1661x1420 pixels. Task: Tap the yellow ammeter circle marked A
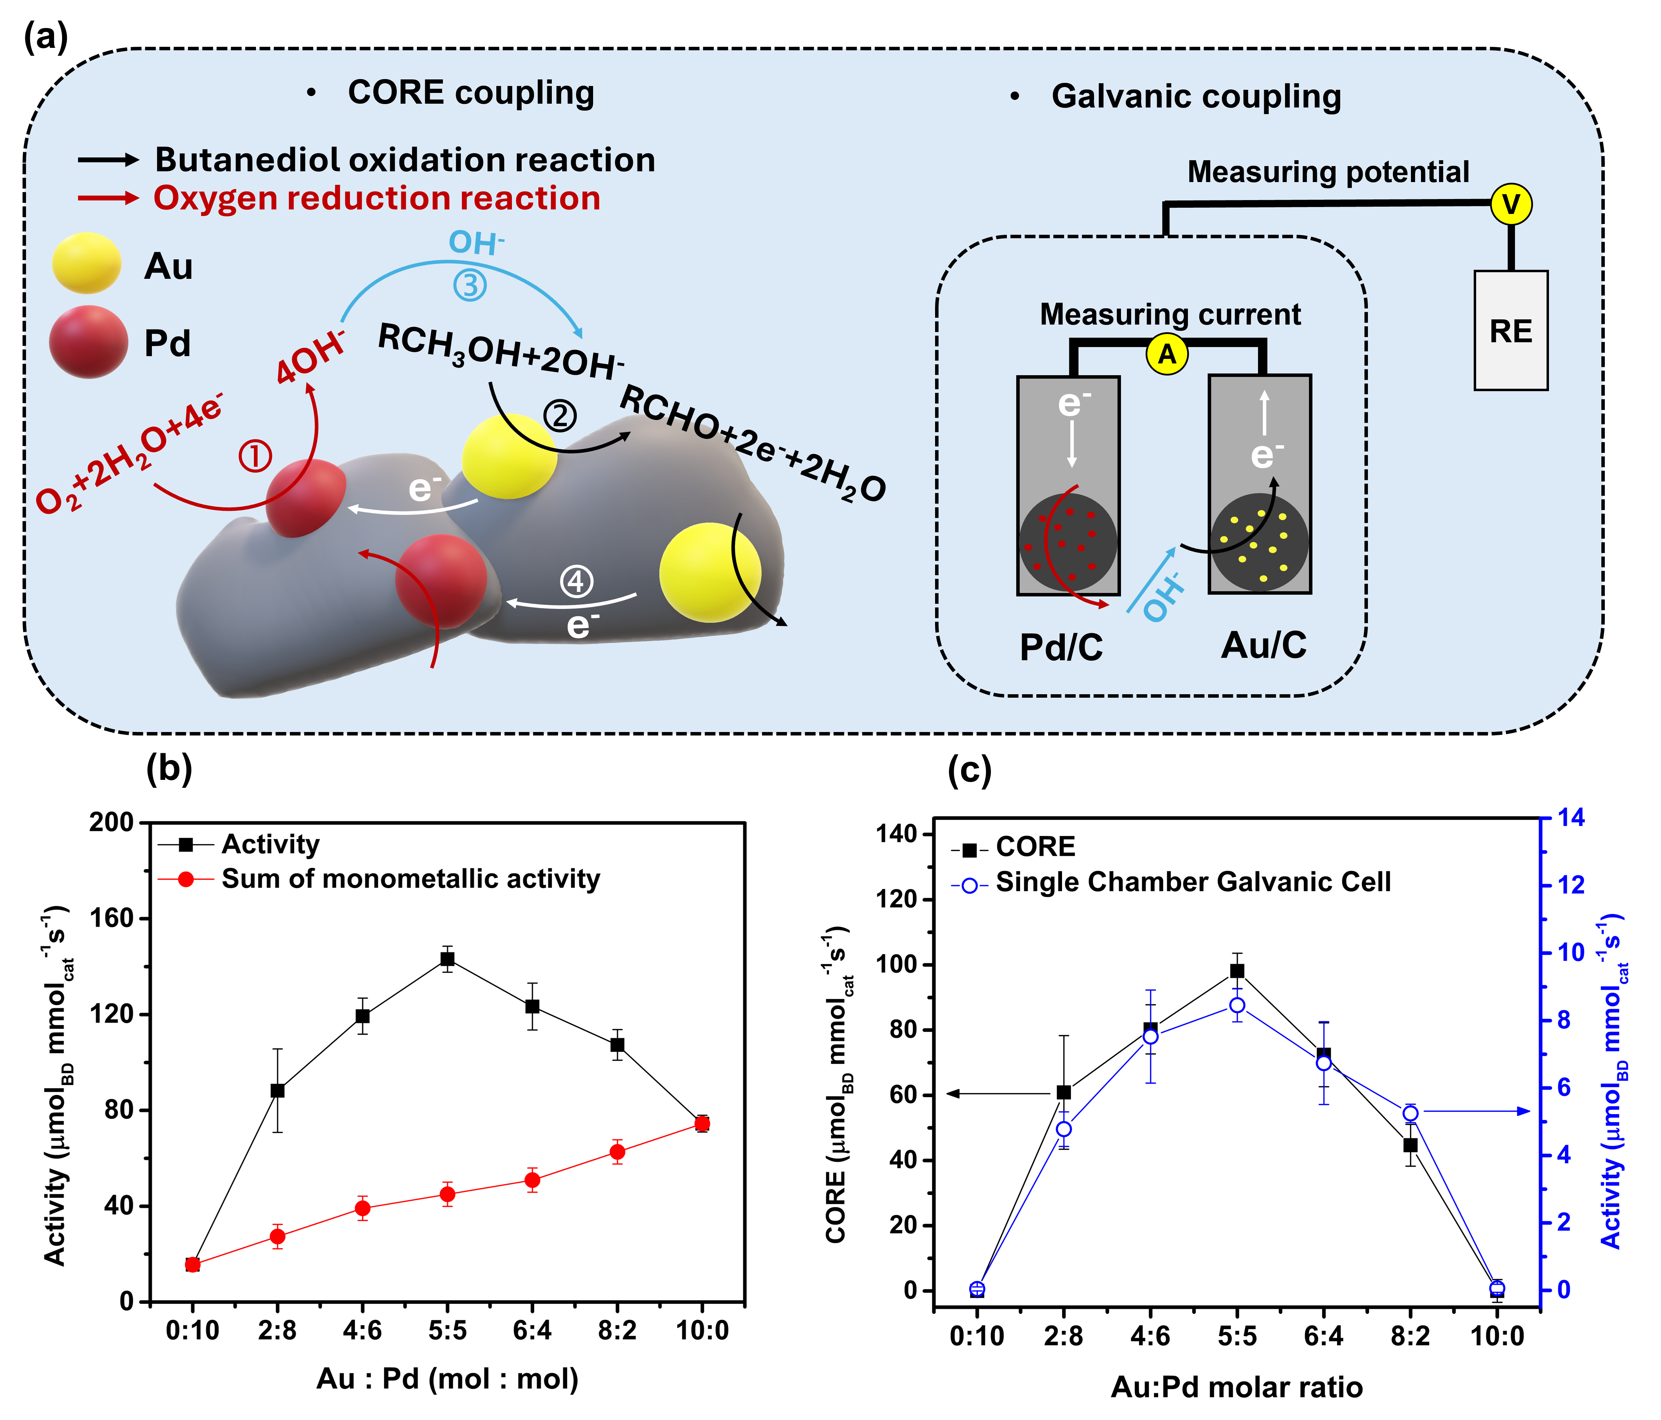pyautogui.click(x=1167, y=353)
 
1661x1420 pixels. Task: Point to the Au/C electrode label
pyautogui.click(x=1264, y=644)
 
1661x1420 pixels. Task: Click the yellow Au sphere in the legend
pyautogui.click(x=87, y=263)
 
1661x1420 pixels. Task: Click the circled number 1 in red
pyautogui.click(x=255, y=457)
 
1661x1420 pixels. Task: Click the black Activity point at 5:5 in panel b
pyautogui.click(x=447, y=958)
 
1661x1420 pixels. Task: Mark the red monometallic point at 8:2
pyautogui.click(x=617, y=1152)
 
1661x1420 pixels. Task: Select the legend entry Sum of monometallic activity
pyautogui.click(x=410, y=879)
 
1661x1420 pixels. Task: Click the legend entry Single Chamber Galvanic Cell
pyautogui.click(x=1193, y=882)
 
